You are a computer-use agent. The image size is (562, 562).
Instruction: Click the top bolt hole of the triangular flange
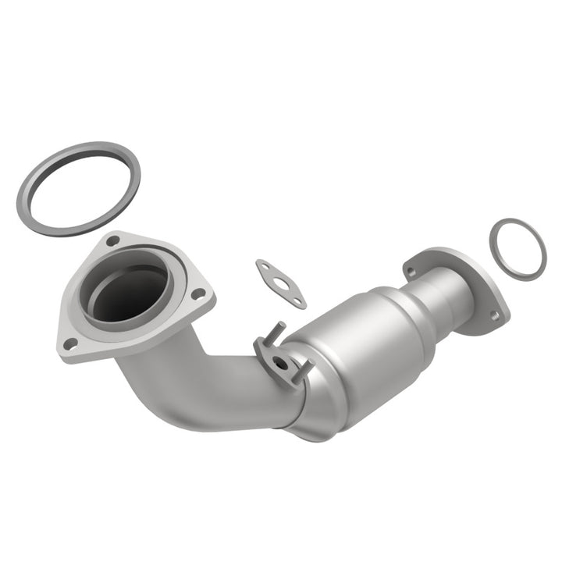pos(114,240)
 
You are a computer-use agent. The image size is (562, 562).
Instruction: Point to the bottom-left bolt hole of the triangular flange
pos(70,342)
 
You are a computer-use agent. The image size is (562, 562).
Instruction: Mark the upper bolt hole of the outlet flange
pos(411,270)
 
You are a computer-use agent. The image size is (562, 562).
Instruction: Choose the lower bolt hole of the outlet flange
pos(494,315)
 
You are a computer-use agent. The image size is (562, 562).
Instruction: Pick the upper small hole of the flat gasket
pos(264,266)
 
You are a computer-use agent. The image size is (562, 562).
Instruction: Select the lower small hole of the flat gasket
pos(297,300)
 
